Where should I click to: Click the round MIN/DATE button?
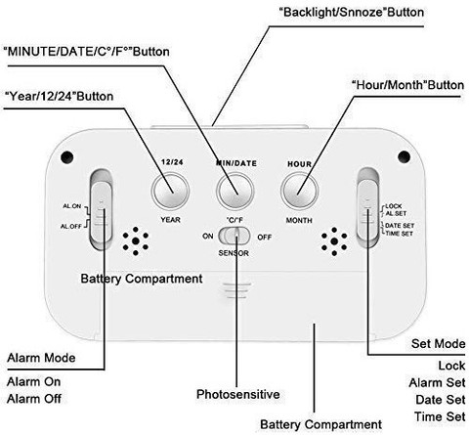point(235,191)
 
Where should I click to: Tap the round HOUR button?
point(299,191)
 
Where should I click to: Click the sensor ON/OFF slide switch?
point(234,236)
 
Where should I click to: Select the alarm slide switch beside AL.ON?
point(102,210)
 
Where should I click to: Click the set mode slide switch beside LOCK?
point(368,208)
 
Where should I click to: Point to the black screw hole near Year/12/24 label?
point(67,157)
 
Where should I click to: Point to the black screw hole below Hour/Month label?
point(404,156)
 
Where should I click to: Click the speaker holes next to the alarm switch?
point(136,241)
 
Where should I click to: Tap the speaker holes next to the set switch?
point(334,241)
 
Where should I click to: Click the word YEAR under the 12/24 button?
point(170,220)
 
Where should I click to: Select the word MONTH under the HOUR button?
point(299,220)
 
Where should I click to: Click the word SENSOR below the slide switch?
point(234,253)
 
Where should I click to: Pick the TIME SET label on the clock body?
point(400,234)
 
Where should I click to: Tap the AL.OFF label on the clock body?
point(71,226)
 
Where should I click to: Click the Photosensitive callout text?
point(238,394)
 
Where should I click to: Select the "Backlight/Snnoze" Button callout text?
point(352,13)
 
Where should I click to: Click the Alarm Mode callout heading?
point(41,358)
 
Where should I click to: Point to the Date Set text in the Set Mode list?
point(441,400)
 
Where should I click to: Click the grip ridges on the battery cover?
point(237,290)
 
